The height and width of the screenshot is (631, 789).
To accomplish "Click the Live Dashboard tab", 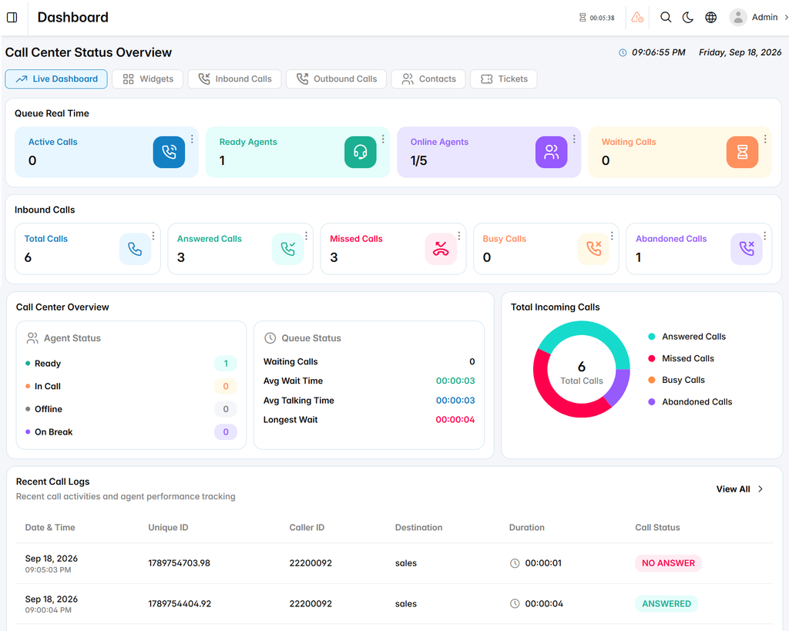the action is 56,79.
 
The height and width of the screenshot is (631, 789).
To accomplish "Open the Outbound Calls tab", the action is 336,79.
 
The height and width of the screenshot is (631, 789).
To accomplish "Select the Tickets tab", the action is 504,79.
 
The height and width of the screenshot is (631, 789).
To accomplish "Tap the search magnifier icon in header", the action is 666,18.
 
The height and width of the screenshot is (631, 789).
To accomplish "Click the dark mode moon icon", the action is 688,18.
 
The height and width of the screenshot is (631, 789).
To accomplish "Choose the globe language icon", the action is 710,18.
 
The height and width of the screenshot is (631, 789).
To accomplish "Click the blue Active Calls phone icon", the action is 169,152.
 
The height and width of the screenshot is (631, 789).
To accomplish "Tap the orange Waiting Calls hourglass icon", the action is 742,152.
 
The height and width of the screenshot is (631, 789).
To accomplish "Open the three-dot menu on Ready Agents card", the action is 383,139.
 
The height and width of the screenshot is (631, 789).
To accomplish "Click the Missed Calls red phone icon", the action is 441,249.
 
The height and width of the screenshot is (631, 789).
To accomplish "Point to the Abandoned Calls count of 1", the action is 639,257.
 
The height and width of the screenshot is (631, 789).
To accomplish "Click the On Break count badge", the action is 226,431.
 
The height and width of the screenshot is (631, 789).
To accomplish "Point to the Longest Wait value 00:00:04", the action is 455,420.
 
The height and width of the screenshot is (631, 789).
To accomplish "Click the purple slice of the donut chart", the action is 618,387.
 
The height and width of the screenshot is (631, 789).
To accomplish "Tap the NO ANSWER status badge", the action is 668,563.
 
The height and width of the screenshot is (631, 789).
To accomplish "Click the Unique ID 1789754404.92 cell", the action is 180,604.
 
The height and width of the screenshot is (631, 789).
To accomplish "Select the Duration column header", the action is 527,527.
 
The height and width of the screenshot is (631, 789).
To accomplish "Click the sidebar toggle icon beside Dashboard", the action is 12,18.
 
